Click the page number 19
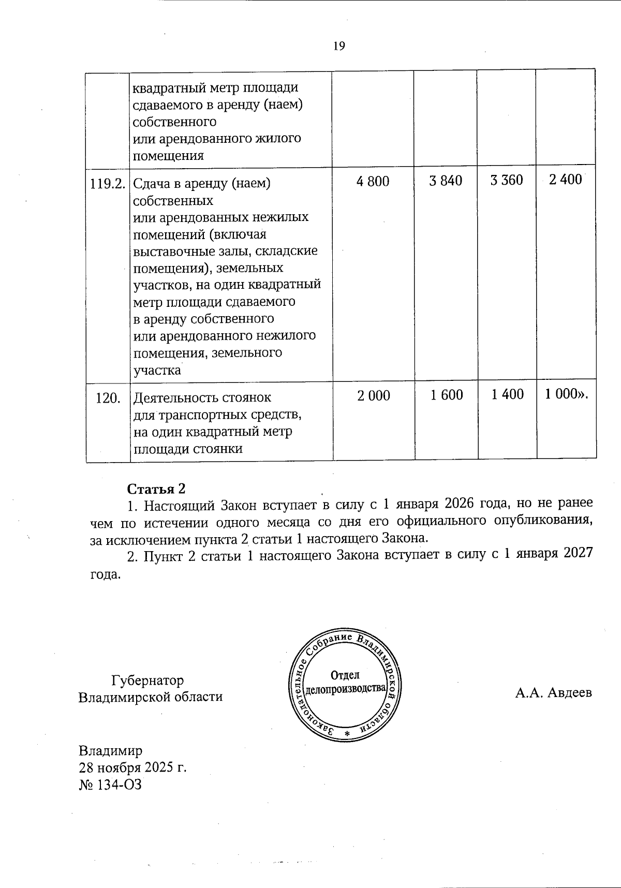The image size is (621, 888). pos(339,46)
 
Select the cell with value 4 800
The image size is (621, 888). pos(373,181)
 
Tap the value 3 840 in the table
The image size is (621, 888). pos(446,181)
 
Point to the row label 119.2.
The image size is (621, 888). pos(108,183)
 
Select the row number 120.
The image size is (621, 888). pos(109,398)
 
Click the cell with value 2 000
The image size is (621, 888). pos(374,396)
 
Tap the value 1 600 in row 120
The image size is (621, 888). pos(447,395)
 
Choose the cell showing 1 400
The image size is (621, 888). pos(507,394)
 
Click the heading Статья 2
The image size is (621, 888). pos(156,489)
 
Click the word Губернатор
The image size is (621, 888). pos(147,680)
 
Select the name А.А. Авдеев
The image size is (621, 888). pos(553,692)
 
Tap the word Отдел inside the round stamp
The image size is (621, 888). pos(345,675)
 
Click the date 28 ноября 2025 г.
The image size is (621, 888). pos(132,767)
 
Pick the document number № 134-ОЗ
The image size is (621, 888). pos(110,785)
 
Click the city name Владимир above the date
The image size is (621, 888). pos(110,750)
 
